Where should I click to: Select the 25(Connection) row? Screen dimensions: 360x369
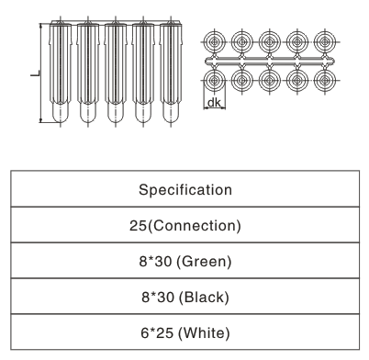(x=184, y=225)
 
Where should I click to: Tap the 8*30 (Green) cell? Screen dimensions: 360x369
(x=184, y=261)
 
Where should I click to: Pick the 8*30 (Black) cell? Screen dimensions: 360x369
(x=184, y=296)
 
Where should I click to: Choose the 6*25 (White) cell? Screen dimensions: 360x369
(x=184, y=331)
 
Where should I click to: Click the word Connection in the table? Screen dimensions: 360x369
(x=194, y=225)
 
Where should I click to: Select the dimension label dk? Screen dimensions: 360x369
(x=213, y=102)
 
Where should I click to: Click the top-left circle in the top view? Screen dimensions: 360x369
(x=213, y=42)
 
